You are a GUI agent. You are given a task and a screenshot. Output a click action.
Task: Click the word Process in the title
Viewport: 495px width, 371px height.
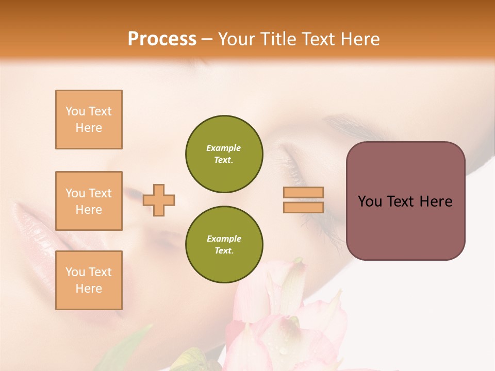(162, 39)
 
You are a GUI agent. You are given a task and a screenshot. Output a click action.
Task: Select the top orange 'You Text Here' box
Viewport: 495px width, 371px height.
(89, 120)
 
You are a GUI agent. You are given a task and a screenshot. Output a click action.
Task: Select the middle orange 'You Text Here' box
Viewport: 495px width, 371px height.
(89, 201)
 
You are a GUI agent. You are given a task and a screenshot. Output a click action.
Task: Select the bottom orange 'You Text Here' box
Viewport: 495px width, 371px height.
(89, 280)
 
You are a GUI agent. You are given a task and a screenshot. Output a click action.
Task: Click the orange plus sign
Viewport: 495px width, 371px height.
(159, 200)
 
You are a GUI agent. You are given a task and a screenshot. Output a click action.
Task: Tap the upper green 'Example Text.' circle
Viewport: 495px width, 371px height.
(224, 154)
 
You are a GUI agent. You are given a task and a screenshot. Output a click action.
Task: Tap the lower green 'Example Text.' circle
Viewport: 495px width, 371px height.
(224, 244)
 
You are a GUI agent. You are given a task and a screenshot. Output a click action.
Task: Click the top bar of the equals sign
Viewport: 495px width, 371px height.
(303, 193)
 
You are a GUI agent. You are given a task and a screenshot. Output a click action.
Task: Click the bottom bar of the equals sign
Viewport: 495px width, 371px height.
(303, 207)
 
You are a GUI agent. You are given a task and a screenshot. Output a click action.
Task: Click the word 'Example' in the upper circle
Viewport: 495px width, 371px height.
(224, 148)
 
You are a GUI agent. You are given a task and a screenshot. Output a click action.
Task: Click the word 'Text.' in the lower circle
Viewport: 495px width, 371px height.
(224, 250)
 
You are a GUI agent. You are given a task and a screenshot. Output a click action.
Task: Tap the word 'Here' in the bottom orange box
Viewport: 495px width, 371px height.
(89, 289)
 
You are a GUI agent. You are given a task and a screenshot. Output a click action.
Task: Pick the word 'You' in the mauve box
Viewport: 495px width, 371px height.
(369, 201)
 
